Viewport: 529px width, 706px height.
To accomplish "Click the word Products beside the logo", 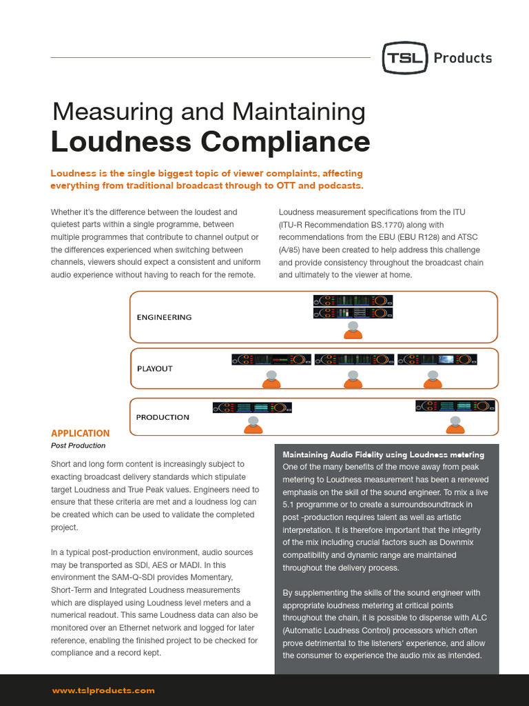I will click(463, 58).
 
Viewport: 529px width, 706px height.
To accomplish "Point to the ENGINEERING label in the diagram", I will click(164, 317).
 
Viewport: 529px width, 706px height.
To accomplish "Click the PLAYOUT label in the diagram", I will click(154, 368).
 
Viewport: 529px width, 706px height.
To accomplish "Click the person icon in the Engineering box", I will click(353, 330).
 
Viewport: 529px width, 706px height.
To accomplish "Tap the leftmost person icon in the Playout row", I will click(271, 379).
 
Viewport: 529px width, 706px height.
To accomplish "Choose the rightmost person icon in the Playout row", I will click(433, 379).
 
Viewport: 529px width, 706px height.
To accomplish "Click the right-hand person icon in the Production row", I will click(455, 423).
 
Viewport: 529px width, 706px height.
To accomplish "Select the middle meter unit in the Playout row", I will click(353, 359).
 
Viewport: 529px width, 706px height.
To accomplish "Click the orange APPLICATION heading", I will click(80, 433).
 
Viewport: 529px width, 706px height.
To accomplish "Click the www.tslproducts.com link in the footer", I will click(103, 690).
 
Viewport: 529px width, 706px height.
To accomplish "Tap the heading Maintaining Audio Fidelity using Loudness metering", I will click(384, 455).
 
